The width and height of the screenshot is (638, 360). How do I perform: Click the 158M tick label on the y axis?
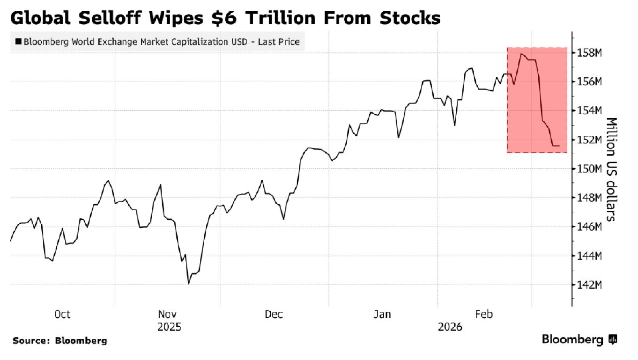pos(589,53)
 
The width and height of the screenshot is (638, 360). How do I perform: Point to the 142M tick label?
pos(589,285)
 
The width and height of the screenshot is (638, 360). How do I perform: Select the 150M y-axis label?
pos(589,169)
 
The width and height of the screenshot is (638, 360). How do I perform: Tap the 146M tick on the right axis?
pos(589,227)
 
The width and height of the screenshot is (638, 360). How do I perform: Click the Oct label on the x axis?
pos(62,314)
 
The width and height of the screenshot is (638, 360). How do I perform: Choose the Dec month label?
pos(273,314)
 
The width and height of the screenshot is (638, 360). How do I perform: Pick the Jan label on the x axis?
pos(382,314)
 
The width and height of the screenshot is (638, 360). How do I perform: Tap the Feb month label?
pos(484,314)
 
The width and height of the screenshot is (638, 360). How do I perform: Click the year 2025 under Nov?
pos(169,327)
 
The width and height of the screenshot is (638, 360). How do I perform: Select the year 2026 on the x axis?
pos(450,327)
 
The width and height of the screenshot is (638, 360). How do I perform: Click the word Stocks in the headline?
pos(410,18)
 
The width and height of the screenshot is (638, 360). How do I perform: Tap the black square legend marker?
pos(19,41)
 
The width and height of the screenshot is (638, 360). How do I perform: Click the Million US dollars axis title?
pos(611,169)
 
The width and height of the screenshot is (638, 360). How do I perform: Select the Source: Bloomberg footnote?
pos(60,341)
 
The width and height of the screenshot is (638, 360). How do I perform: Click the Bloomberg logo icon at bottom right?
pos(613,340)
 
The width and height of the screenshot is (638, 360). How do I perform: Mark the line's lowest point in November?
pos(189,284)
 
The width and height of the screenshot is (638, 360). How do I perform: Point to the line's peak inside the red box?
pos(521,54)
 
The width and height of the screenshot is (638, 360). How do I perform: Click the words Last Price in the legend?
pos(278,42)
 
